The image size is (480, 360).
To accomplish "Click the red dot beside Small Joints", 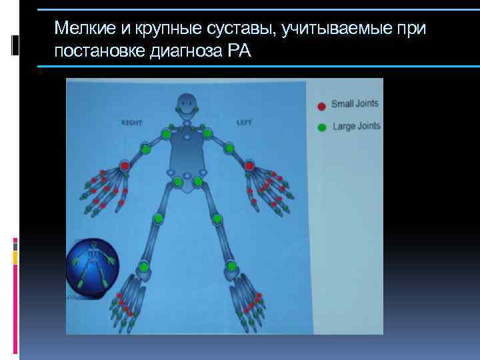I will click(321, 105).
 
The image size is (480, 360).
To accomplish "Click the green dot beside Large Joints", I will click(321, 127).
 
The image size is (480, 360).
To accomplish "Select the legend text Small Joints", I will click(355, 104).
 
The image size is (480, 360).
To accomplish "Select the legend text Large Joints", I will click(355, 126).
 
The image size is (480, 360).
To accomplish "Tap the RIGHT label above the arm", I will click(132, 123).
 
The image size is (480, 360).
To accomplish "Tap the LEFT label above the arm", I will click(243, 122).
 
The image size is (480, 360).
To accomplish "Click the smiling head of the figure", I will click(187, 105).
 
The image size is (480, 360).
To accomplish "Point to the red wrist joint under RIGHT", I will click(125, 165).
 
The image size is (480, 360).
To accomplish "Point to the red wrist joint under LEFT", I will click(249, 165).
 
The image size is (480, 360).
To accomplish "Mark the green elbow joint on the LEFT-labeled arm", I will click(229, 148).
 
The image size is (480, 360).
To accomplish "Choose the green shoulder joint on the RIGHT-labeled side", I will click(165, 135).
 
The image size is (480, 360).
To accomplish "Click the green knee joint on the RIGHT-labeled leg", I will click(159, 219).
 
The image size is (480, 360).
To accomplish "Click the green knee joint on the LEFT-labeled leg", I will click(217, 219).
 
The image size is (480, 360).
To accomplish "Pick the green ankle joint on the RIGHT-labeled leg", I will click(144, 267).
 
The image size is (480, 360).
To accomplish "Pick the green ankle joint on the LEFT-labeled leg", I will click(231, 267).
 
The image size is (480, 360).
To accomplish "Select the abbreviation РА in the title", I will click(239, 51).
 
